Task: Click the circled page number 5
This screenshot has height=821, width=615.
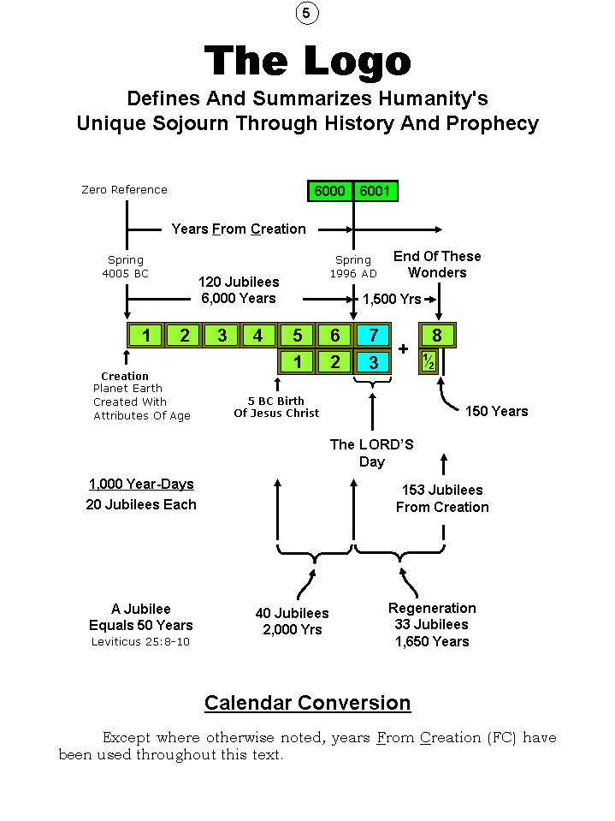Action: pyautogui.click(x=307, y=14)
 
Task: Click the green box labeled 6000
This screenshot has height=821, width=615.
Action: pyautogui.click(x=329, y=191)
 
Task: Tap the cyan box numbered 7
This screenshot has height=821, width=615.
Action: pyautogui.click(x=373, y=335)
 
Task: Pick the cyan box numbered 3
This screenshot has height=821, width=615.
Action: pyautogui.click(x=373, y=362)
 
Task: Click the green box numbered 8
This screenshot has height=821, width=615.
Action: pyautogui.click(x=437, y=335)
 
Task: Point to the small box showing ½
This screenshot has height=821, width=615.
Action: pyautogui.click(x=429, y=362)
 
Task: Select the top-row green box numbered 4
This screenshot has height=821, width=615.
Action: pyautogui.click(x=258, y=335)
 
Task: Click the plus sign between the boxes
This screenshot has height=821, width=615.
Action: pyautogui.click(x=404, y=349)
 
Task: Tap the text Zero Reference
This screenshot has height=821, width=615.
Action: pyautogui.click(x=124, y=190)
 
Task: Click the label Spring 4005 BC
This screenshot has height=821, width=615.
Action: pyautogui.click(x=126, y=267)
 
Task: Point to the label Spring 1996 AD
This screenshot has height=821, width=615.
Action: pyautogui.click(x=352, y=267)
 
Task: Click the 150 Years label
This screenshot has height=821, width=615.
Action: pyautogui.click(x=496, y=411)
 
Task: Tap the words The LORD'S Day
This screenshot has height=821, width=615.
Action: pyautogui.click(x=371, y=453)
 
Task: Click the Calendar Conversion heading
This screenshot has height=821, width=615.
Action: pyautogui.click(x=307, y=703)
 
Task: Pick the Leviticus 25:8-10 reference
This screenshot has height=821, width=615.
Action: pyautogui.click(x=140, y=641)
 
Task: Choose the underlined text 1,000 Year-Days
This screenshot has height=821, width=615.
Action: pyautogui.click(x=141, y=485)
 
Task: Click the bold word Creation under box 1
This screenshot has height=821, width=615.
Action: pyautogui.click(x=125, y=376)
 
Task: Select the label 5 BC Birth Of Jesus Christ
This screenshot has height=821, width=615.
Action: pyautogui.click(x=276, y=407)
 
